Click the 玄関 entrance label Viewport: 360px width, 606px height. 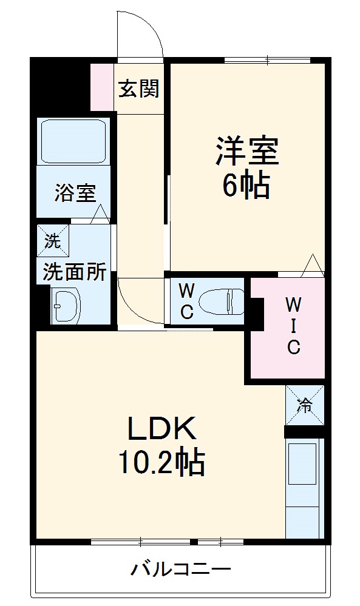(138, 89)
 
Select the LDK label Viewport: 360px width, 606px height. (161, 429)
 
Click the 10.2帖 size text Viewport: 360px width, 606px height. (161, 463)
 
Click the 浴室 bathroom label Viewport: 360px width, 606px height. (75, 193)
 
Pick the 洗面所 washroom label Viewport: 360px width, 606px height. (74, 272)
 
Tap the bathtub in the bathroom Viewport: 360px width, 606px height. (73, 141)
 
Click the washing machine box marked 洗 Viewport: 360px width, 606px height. (53, 241)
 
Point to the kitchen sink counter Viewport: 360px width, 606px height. (302, 485)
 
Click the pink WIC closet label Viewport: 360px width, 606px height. (293, 325)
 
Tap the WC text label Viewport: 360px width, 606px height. (186, 301)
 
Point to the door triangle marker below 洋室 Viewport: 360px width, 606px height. (313, 265)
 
